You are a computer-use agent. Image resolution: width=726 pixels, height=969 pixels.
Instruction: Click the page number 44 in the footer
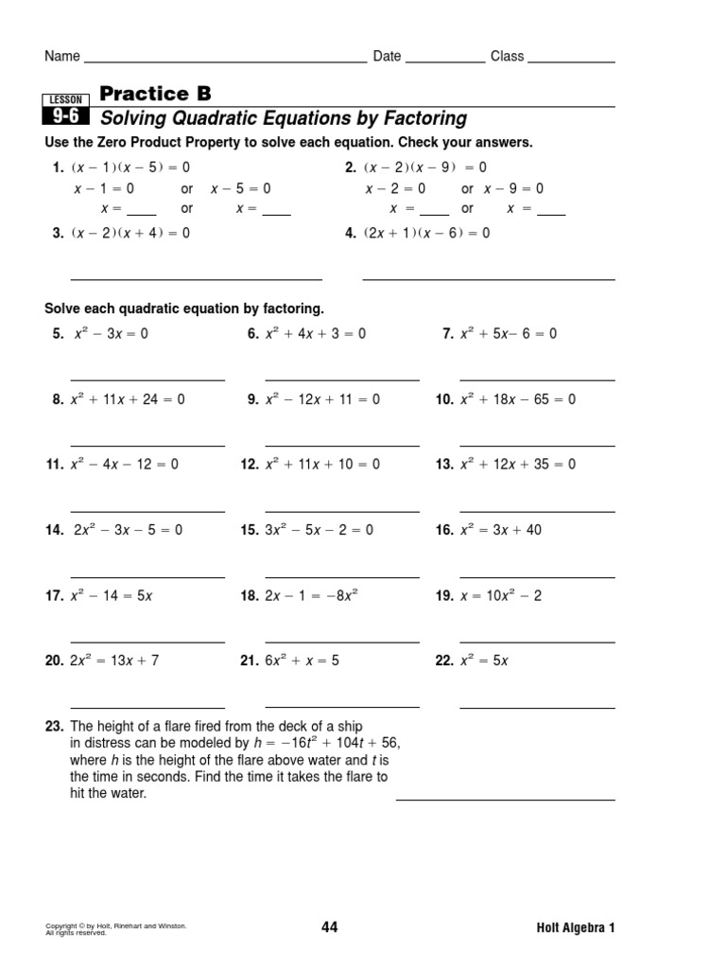point(329,927)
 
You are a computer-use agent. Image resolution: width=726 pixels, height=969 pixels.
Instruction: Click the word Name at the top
point(62,57)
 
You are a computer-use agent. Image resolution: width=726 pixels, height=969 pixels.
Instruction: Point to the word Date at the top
point(387,57)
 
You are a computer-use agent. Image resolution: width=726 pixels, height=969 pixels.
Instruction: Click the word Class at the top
point(507,57)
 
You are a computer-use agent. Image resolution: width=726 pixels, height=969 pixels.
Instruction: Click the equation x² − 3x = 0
point(110,334)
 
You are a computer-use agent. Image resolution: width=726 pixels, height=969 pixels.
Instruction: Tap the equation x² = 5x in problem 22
point(484,661)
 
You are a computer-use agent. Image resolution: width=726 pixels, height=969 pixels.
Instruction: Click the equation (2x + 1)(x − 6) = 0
point(426,233)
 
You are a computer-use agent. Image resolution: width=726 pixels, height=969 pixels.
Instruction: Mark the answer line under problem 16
point(537,577)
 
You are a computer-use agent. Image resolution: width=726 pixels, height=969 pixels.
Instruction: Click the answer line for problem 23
point(505,800)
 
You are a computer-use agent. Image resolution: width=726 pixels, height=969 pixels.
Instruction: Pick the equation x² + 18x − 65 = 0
point(518,399)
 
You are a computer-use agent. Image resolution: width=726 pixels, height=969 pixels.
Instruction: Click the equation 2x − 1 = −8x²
point(312,596)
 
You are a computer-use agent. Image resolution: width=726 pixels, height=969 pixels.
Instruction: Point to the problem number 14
point(53,531)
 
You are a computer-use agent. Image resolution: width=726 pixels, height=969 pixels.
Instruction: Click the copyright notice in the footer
point(115,928)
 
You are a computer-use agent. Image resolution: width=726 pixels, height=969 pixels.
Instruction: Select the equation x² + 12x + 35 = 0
point(518,465)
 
